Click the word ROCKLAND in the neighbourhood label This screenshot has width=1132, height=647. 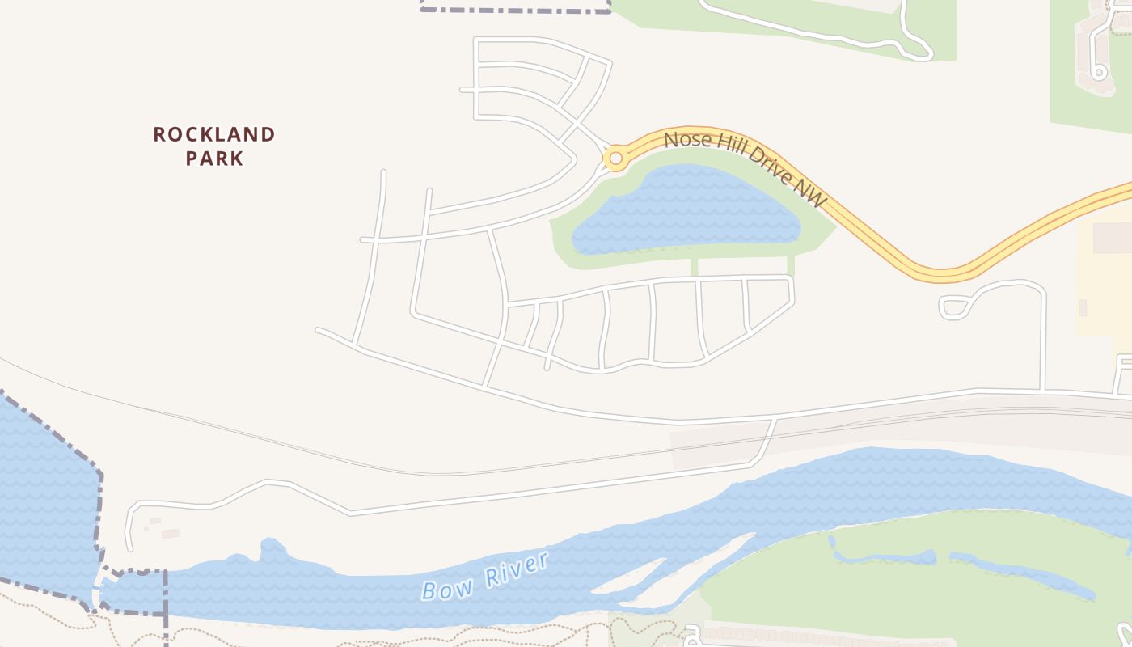point(214,134)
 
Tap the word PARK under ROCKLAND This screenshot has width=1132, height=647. point(214,158)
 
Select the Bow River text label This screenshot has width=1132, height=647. point(485,577)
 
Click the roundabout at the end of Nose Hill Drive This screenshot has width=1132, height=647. point(615,158)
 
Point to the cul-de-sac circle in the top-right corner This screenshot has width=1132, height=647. point(1098,72)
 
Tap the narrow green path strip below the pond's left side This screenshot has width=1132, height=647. point(694,266)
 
